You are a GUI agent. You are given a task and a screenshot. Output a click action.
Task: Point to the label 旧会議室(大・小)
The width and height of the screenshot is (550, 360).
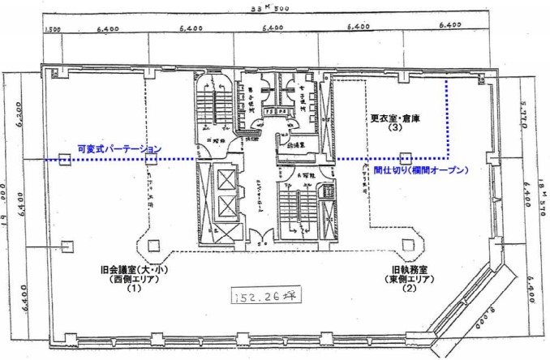click(x=130, y=270)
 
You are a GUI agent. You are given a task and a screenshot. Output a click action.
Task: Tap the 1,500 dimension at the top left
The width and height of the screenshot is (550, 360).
click(x=54, y=29)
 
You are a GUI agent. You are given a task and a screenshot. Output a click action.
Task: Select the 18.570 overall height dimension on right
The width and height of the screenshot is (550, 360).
click(x=542, y=191)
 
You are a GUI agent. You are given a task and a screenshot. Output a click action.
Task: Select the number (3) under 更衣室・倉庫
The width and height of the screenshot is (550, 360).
click(x=397, y=127)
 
